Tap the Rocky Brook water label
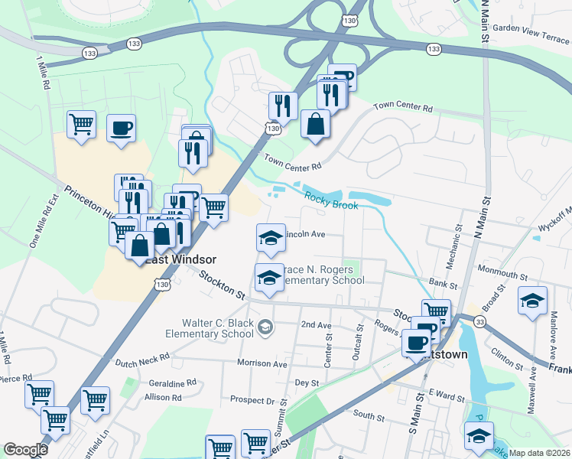pos(331,200)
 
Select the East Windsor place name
pos(181,260)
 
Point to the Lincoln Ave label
pos(305,234)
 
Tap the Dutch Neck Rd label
pos(143,359)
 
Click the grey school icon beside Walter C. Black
pos(265,328)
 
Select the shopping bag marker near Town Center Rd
pos(315,123)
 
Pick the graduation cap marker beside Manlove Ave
pos(532,300)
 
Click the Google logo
pos(24,450)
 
